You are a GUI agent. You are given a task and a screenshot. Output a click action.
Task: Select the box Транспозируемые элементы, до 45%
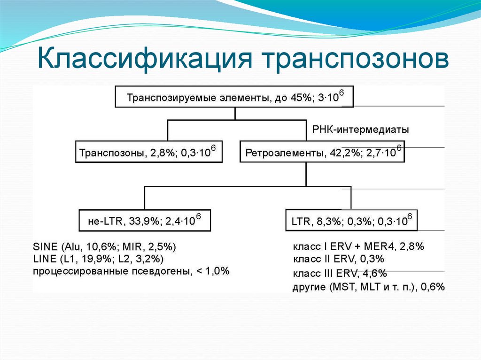tap(234, 97)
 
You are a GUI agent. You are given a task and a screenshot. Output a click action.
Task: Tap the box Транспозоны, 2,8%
tap(148, 152)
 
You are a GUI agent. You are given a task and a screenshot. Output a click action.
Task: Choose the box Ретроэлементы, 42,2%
tap(322, 152)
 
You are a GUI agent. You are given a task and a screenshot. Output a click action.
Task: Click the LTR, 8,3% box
tap(351, 221)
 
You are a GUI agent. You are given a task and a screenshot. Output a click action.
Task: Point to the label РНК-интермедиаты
tap(360, 129)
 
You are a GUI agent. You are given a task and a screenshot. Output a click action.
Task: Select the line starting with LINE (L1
tap(99, 259)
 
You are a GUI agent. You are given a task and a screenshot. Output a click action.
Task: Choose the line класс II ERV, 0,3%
tap(339, 259)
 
